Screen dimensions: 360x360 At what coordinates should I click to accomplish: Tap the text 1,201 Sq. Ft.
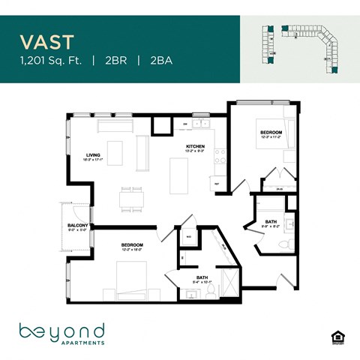(52, 60)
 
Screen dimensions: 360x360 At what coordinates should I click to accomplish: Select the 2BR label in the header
(114, 60)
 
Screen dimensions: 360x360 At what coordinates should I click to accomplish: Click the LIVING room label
(94, 155)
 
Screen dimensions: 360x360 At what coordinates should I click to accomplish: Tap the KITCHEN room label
(196, 147)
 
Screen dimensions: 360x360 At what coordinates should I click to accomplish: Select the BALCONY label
(78, 226)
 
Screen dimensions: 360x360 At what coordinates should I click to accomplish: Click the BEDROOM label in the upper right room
(271, 133)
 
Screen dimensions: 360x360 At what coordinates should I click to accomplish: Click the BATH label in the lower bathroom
(202, 277)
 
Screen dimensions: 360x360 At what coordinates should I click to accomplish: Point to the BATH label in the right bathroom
(271, 220)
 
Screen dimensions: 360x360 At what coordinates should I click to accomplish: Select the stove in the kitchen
(220, 156)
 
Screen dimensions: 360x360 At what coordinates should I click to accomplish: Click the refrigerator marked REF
(217, 182)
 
